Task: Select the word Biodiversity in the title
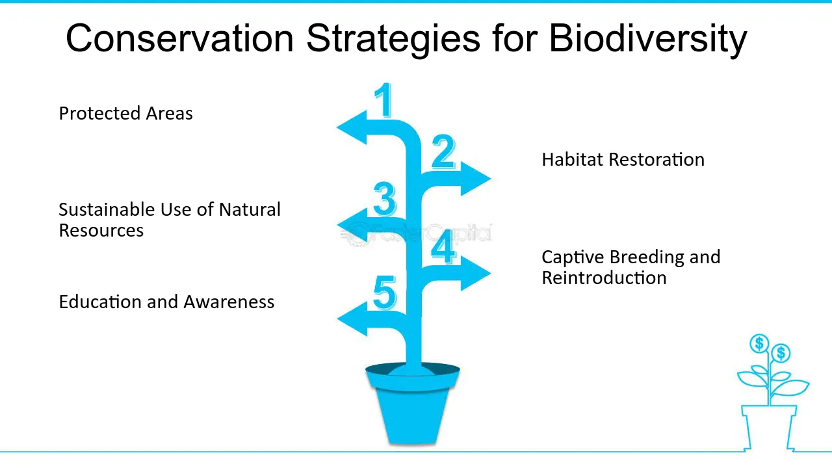pos(647,38)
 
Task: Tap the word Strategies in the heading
pos(393,38)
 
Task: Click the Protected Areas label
pos(125,113)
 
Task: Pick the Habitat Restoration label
pos(623,159)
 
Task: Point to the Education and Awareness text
pos(166,302)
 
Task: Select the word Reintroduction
pos(604,278)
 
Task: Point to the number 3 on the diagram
pos(385,200)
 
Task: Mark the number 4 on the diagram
pos(443,248)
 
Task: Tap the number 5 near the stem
pos(385,293)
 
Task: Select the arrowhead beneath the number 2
pos(476,178)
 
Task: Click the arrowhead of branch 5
pos(352,318)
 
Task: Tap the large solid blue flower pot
pos(412,409)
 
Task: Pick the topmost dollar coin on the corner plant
pos(759,343)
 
